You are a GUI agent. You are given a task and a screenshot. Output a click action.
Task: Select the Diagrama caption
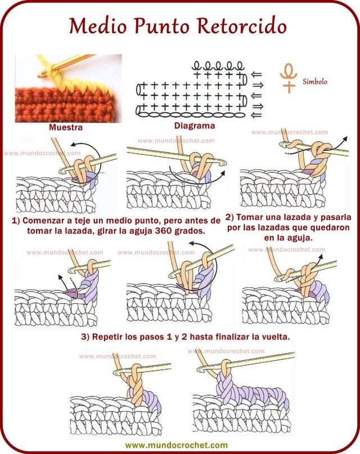(194, 126)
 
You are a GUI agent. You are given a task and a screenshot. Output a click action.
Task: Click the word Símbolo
(315, 81)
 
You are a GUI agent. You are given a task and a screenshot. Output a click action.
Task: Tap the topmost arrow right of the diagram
(256, 74)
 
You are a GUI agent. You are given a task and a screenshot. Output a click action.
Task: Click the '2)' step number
(230, 217)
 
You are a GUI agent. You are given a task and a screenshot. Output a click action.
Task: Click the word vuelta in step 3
(272, 337)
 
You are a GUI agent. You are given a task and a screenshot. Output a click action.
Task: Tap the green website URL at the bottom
(180, 445)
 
